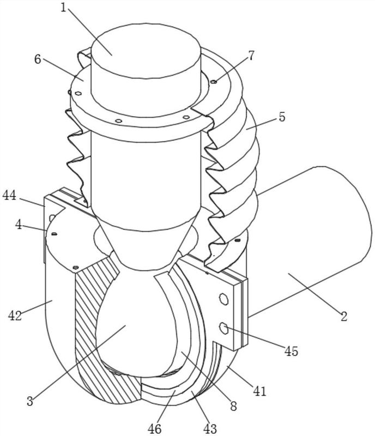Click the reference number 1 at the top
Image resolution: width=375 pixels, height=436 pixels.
tap(64, 8)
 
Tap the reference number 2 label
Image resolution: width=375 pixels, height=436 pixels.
tap(344, 317)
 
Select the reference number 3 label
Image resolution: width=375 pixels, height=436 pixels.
tap(30, 401)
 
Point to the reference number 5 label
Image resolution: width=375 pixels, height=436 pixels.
tap(282, 117)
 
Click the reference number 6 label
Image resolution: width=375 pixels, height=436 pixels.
tap(38, 59)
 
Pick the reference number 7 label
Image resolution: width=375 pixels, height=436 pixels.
tap(251, 56)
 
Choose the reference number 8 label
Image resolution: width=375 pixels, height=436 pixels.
tap(233, 407)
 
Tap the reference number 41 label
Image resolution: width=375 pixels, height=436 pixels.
tap(260, 391)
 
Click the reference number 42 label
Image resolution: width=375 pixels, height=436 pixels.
tap(15, 316)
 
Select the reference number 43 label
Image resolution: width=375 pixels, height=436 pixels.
tap(210, 428)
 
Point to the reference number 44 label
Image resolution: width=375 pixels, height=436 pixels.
tap(9, 196)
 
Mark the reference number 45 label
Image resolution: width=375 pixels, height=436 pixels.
tap(291, 352)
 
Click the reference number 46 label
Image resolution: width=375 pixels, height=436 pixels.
tap(154, 428)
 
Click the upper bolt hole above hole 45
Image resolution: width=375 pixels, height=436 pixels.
tap(224, 298)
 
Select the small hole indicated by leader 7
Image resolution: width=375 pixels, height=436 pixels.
tap(214, 81)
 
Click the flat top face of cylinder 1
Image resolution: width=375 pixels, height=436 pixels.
tap(146, 51)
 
